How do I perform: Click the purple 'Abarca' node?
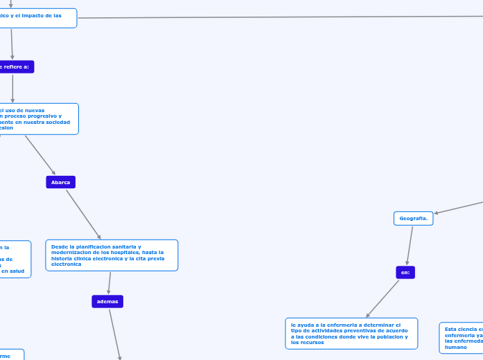[x=60, y=182]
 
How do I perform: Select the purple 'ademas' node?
[x=107, y=301]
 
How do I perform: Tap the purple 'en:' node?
[x=405, y=272]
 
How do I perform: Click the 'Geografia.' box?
[x=413, y=218]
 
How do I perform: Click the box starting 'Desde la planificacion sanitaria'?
[x=112, y=255]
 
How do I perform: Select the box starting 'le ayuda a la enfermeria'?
[x=351, y=333]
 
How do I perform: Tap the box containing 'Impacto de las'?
[x=37, y=18]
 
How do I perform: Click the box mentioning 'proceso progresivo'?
[x=38, y=118]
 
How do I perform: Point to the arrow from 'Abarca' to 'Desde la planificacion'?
[x=83, y=213]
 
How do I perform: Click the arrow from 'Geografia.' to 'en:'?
[x=410, y=246]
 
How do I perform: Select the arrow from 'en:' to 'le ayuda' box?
[x=383, y=298]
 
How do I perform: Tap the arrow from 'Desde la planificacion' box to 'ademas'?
[x=109, y=283]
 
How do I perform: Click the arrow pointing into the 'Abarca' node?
[x=40, y=155]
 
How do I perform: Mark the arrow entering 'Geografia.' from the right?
[x=459, y=207]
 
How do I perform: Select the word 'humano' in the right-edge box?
[x=456, y=347]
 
